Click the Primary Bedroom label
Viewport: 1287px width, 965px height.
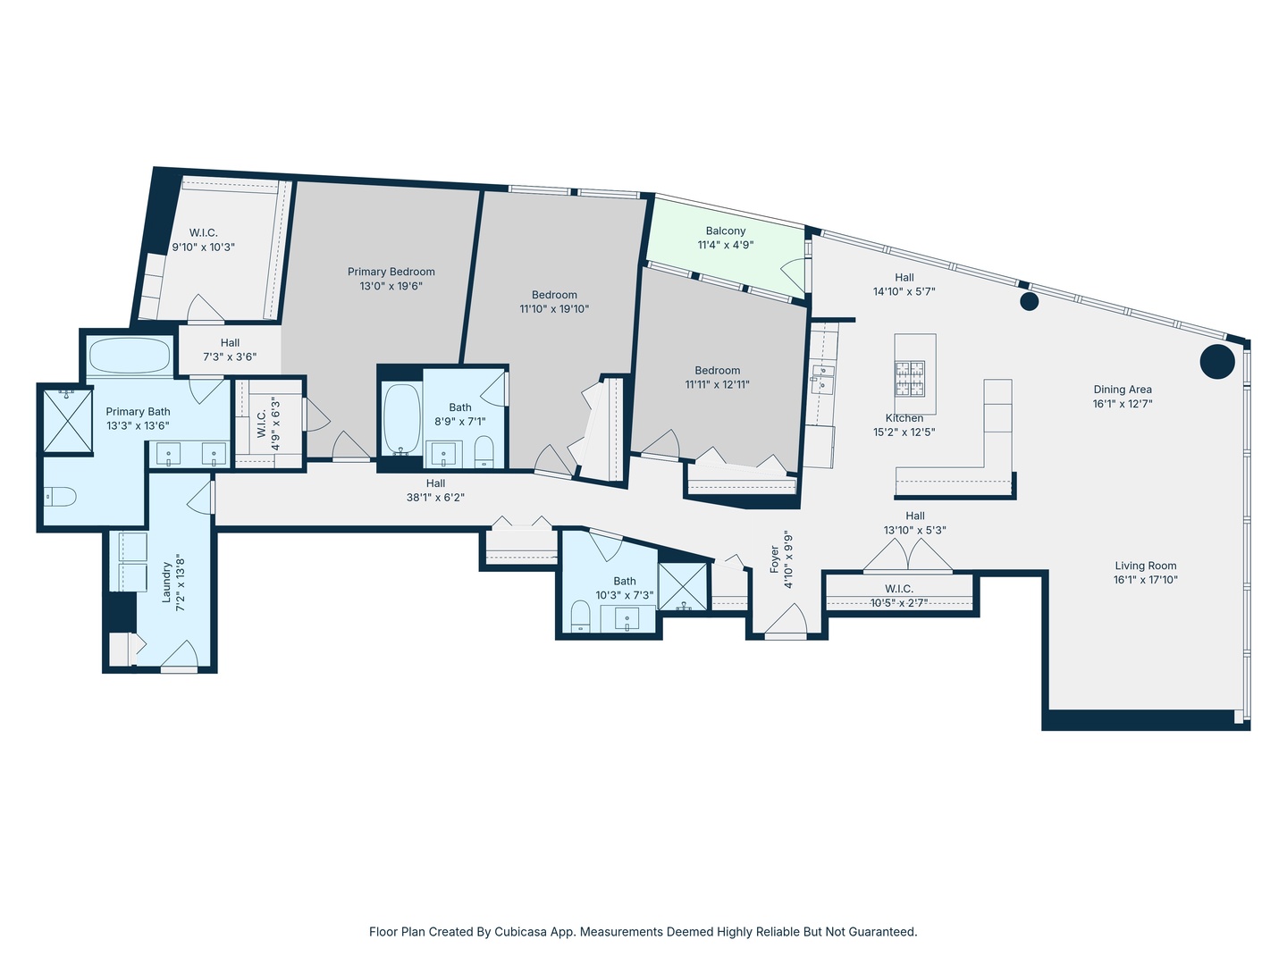point(391,272)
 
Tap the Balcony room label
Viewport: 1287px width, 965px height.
point(726,231)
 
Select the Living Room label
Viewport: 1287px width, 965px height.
point(1146,566)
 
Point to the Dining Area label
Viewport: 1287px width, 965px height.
point(1123,390)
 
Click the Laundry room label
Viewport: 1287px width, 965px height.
point(166,583)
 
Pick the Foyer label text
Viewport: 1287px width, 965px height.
point(775,559)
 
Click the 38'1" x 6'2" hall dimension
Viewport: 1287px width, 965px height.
point(435,498)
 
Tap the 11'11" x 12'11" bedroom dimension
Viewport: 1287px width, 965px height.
point(718,385)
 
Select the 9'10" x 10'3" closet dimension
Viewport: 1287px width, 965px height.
point(204,248)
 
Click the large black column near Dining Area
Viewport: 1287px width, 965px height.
point(1216,362)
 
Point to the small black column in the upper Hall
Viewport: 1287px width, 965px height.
point(1029,301)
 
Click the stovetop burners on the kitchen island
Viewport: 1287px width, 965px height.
point(911,378)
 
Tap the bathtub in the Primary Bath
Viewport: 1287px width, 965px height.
point(130,356)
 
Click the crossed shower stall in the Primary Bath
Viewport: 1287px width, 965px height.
point(68,420)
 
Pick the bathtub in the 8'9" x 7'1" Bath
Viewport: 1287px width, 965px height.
point(401,418)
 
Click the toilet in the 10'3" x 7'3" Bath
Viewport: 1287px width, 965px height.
point(580,615)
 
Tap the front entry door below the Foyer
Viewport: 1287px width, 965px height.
point(786,622)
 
